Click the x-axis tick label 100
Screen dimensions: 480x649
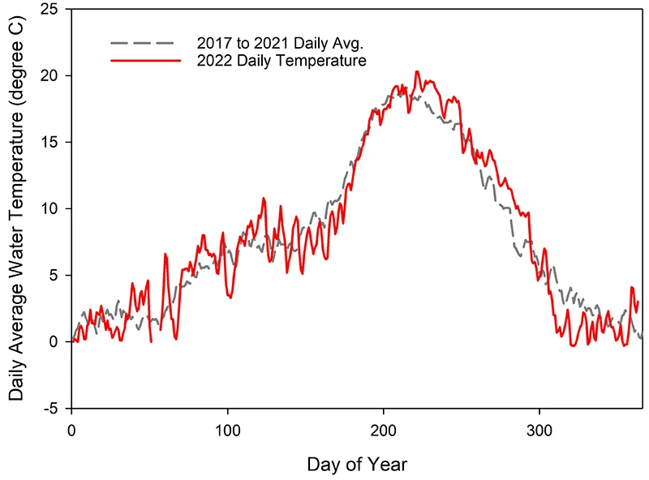(x=228, y=427)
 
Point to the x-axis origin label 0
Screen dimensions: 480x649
(x=72, y=427)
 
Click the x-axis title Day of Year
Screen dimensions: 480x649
(x=357, y=465)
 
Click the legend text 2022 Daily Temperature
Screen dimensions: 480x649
(x=282, y=60)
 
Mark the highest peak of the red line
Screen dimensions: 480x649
(x=417, y=71)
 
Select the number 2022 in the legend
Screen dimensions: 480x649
(x=214, y=60)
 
